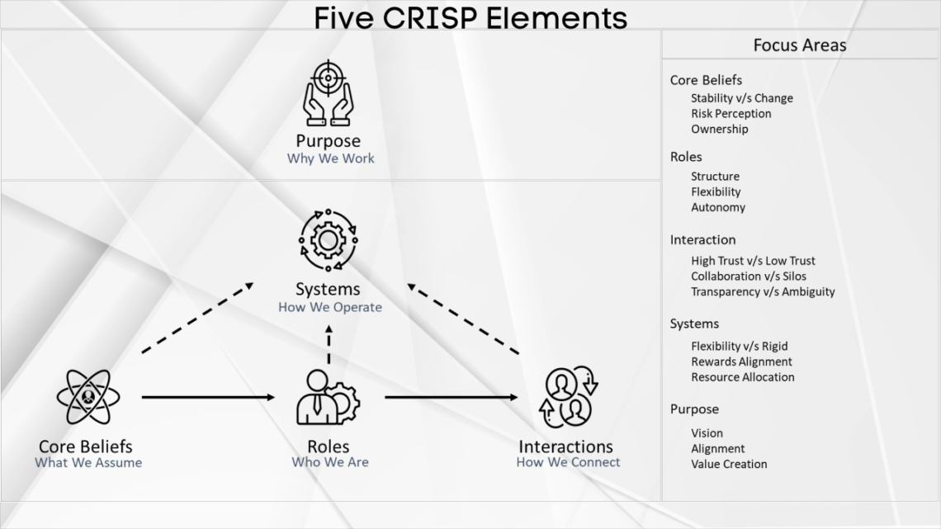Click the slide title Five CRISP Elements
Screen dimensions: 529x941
[x=470, y=17]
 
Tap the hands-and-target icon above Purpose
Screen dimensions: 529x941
[x=329, y=92]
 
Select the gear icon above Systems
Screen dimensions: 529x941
[x=329, y=240]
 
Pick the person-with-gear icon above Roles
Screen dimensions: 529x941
[x=328, y=398]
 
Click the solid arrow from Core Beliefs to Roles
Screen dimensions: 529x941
[x=208, y=398]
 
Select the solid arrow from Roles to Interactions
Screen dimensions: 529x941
[x=451, y=398]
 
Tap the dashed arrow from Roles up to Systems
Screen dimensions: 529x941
[x=329, y=345]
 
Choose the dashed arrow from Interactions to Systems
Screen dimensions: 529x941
[x=464, y=318]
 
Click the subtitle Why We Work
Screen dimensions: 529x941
[x=330, y=158]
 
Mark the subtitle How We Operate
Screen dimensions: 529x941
[x=330, y=307]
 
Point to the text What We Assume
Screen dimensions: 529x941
[x=88, y=463]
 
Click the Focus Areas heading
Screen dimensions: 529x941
[x=799, y=45]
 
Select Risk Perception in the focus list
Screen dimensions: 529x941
[x=731, y=114]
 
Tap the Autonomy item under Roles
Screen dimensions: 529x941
[x=717, y=208]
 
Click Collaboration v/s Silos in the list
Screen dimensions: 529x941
[x=748, y=276]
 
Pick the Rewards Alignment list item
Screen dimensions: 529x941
[x=741, y=361]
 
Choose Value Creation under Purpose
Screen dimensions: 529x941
[x=729, y=464]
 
